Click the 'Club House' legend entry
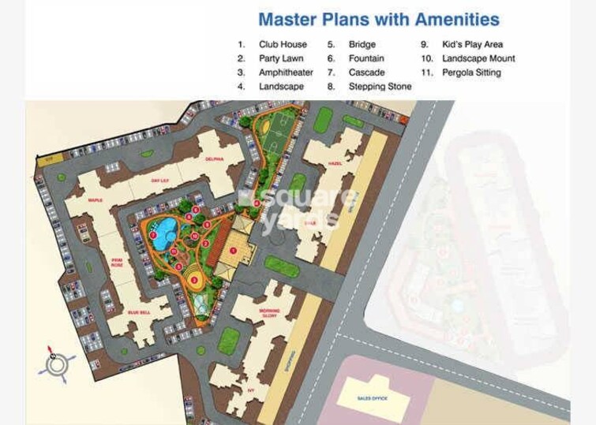(x=283, y=45)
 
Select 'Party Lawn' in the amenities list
(x=282, y=59)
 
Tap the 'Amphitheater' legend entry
(x=286, y=73)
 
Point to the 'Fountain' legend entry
(x=366, y=59)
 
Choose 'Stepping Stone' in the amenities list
(x=380, y=87)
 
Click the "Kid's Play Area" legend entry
(x=472, y=45)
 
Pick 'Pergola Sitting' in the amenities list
(x=471, y=73)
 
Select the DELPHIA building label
(x=215, y=159)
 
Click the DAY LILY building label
(x=162, y=181)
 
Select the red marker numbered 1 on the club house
(x=233, y=250)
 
